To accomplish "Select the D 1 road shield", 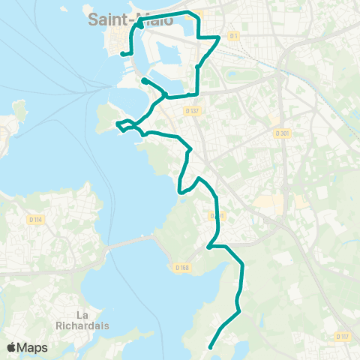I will pos(234,35).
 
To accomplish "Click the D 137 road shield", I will pos(192,111).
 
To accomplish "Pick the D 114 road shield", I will pos(35,220).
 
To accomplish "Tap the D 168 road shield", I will pos(181,267).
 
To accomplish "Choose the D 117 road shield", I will pos(342,336).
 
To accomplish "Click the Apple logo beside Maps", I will pos(12,347).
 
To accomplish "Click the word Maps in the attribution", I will pos(34,347).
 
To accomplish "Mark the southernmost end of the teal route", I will pos(209,347).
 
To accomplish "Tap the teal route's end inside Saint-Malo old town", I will pos(122,53).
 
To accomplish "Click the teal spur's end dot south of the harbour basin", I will pos(142,79).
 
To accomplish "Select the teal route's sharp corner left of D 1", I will pos(218,36).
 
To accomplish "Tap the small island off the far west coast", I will pos(19,112).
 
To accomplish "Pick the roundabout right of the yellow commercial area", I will pos(266,220).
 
